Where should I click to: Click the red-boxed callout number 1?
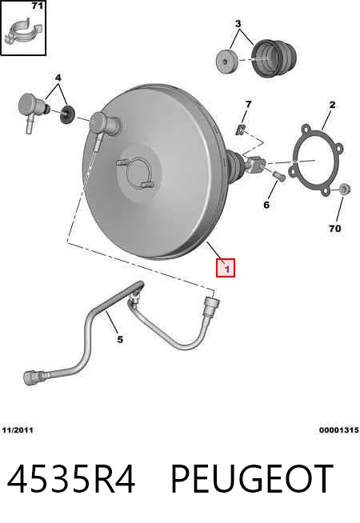click(x=226, y=268)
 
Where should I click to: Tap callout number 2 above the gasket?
click(x=332, y=105)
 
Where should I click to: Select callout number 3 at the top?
click(x=238, y=24)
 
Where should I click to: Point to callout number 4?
click(x=58, y=78)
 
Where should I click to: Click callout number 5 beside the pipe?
click(x=120, y=340)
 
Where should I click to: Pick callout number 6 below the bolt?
click(x=266, y=205)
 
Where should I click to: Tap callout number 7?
click(x=248, y=105)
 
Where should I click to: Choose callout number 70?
click(x=334, y=229)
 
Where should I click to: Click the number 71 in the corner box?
click(x=38, y=6)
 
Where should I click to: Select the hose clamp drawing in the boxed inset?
click(x=22, y=33)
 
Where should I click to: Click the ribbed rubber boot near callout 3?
click(x=274, y=58)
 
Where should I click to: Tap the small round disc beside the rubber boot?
click(x=227, y=62)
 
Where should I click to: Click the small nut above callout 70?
click(x=344, y=189)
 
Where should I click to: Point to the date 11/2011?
click(x=18, y=430)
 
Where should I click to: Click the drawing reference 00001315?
click(x=339, y=430)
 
